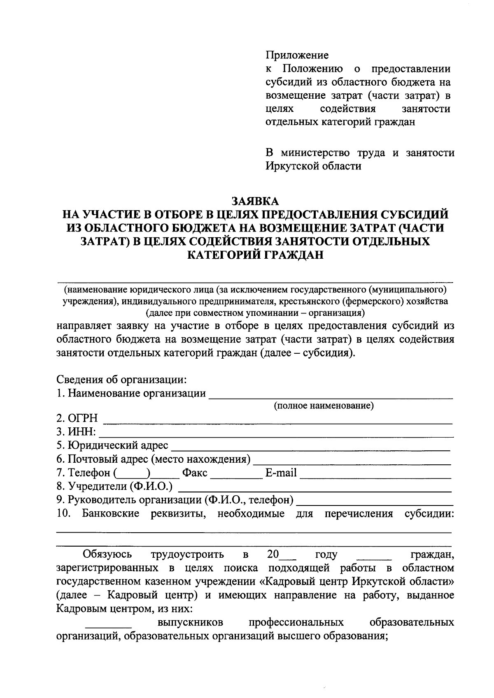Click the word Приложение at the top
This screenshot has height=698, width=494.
point(297,55)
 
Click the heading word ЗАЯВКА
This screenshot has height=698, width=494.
point(255,201)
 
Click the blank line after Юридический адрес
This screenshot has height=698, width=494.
point(310,450)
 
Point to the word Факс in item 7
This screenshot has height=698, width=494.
point(195,473)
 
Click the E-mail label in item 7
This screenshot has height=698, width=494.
point(281,473)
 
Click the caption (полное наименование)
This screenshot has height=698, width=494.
point(324,406)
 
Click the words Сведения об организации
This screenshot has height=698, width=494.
point(121,379)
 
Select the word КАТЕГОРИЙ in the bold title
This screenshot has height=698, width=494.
point(221,255)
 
